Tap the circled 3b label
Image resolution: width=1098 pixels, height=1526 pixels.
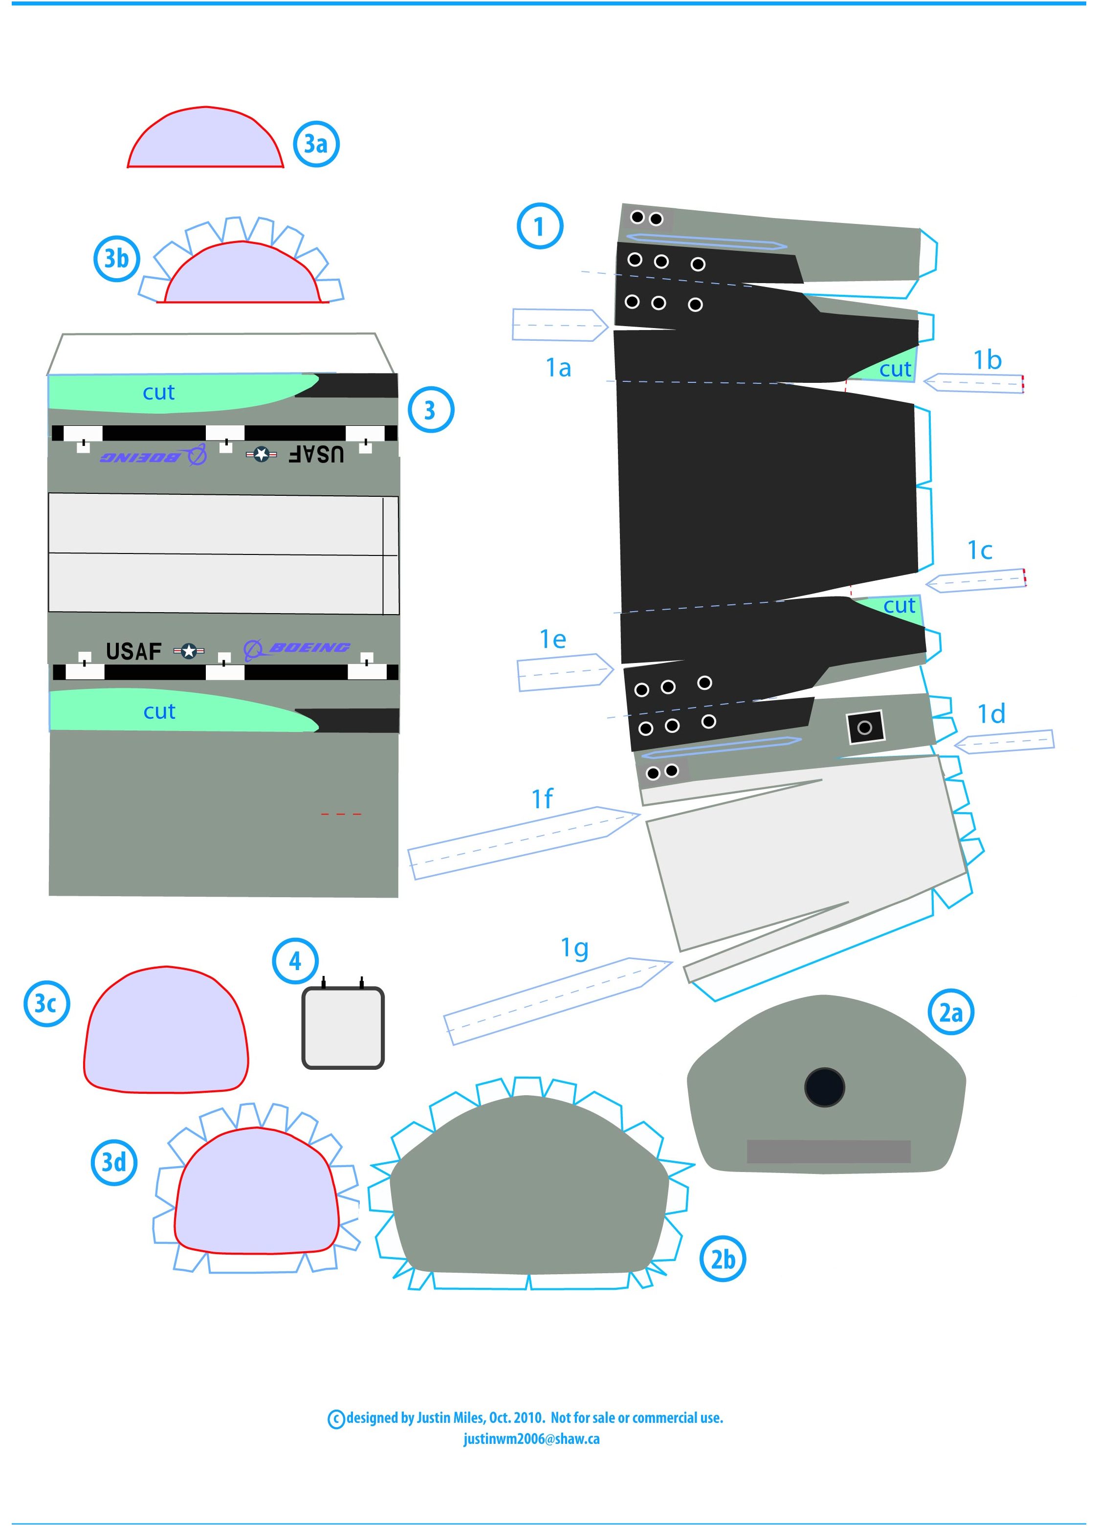(x=116, y=258)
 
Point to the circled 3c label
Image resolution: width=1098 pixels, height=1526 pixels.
(x=46, y=1003)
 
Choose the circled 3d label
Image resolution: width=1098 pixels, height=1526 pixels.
(x=114, y=1162)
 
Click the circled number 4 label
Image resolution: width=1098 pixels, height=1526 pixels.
(x=295, y=961)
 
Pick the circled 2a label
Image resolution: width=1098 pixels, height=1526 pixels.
(x=951, y=1012)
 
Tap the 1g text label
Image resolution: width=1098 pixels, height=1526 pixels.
(x=574, y=948)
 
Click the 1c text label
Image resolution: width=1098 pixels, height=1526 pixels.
(x=980, y=551)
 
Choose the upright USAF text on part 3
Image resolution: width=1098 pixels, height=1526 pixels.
(x=134, y=651)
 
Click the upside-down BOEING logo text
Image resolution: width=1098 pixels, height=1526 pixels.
(x=153, y=457)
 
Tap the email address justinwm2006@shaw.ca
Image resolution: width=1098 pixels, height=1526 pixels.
(x=531, y=1438)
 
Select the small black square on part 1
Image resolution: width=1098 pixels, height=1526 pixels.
(x=865, y=728)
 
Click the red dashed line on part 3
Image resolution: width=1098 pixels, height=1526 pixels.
(x=341, y=814)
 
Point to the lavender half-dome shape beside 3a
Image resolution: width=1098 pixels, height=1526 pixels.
(x=205, y=138)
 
